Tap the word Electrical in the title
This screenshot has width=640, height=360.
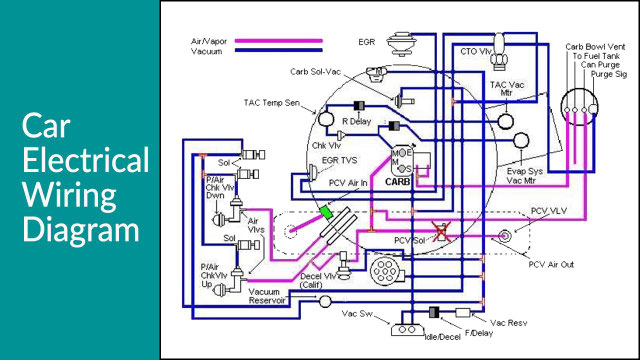pos(85,160)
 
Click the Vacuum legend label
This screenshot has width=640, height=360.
pos(207,51)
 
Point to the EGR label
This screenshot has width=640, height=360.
pos(367,43)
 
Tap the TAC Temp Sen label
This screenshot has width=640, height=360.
pos(271,102)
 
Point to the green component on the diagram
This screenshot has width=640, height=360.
pos(326,213)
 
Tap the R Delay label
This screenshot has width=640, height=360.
pos(356,122)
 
